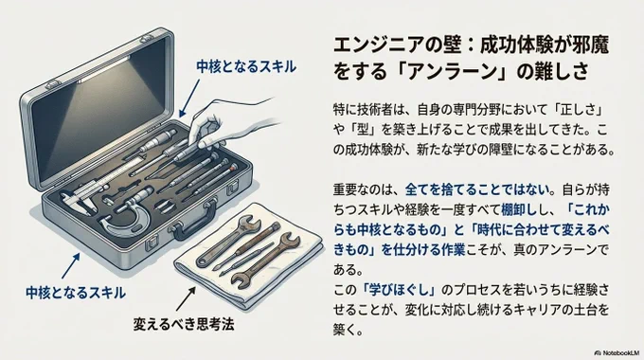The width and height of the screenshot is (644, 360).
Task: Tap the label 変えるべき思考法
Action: click(x=184, y=324)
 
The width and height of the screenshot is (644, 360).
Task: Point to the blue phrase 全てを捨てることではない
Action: click(x=477, y=189)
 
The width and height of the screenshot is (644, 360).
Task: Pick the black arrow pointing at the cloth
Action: click(x=186, y=298)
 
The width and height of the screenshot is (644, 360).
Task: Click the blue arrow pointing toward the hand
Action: click(x=189, y=99)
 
